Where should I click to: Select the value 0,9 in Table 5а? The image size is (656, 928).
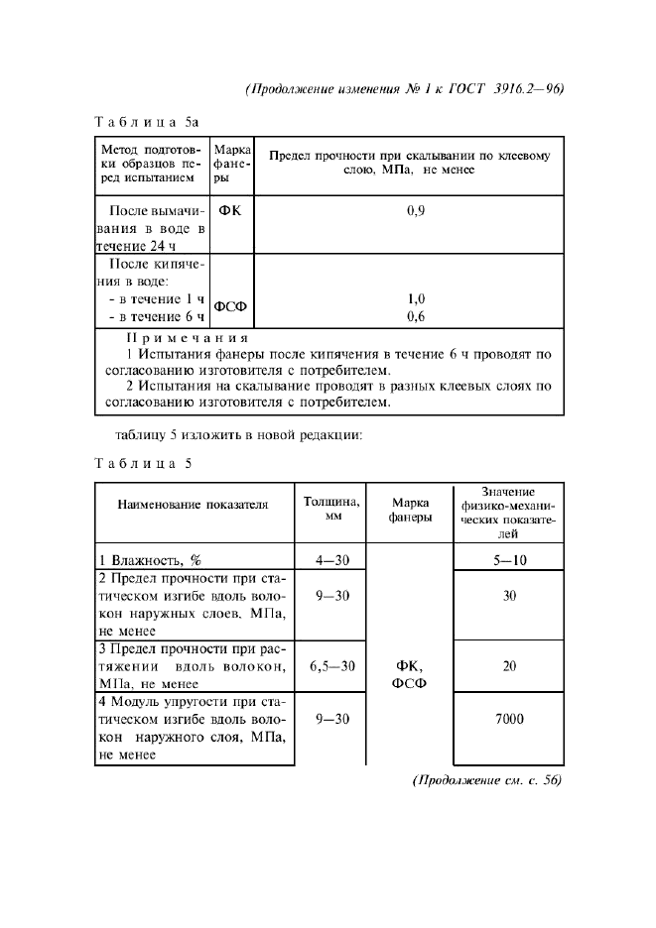[416, 210]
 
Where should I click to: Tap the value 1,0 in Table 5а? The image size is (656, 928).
[416, 298]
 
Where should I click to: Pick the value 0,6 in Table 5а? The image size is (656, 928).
[416, 316]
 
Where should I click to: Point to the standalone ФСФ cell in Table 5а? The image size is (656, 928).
[232, 307]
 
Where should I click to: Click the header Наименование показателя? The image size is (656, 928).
[193, 504]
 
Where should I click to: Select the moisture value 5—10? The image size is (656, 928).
[508, 559]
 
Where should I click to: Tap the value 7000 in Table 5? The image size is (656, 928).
[508, 719]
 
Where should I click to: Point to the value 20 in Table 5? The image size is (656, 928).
[508, 666]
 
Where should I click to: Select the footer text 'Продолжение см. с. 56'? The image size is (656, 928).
[486, 780]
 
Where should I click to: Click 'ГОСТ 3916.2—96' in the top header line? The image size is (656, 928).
[511, 87]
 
